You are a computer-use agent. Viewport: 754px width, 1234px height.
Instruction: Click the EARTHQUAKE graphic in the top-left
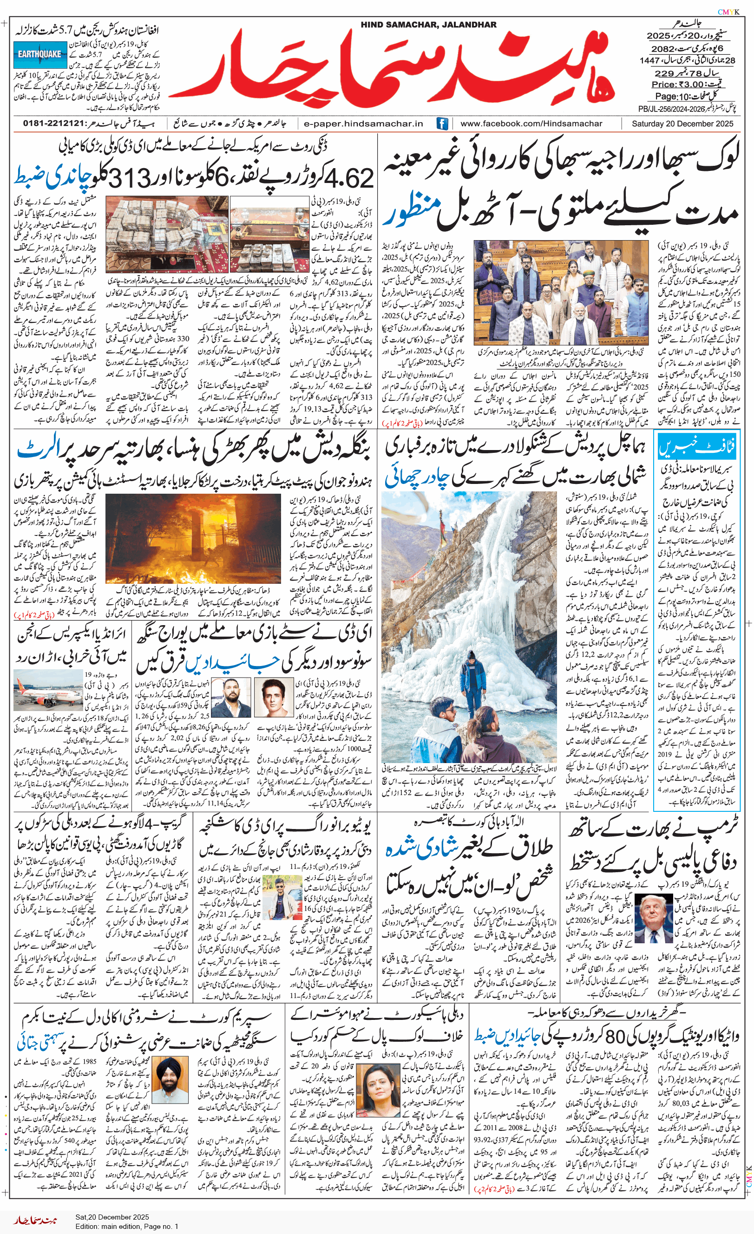click(39, 55)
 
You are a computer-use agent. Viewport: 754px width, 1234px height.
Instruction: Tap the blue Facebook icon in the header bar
click(442, 123)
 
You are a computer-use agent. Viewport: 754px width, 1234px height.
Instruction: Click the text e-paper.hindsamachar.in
click(363, 123)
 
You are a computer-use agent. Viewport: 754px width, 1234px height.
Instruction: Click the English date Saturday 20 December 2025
click(682, 123)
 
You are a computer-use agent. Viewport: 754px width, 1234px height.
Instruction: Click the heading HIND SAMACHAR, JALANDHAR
click(428, 25)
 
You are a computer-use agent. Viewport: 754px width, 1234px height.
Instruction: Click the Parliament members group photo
click(561, 292)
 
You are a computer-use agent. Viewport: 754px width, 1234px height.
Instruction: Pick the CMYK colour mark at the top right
click(728, 12)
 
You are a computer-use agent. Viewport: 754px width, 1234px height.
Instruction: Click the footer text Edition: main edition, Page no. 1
click(126, 1227)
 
